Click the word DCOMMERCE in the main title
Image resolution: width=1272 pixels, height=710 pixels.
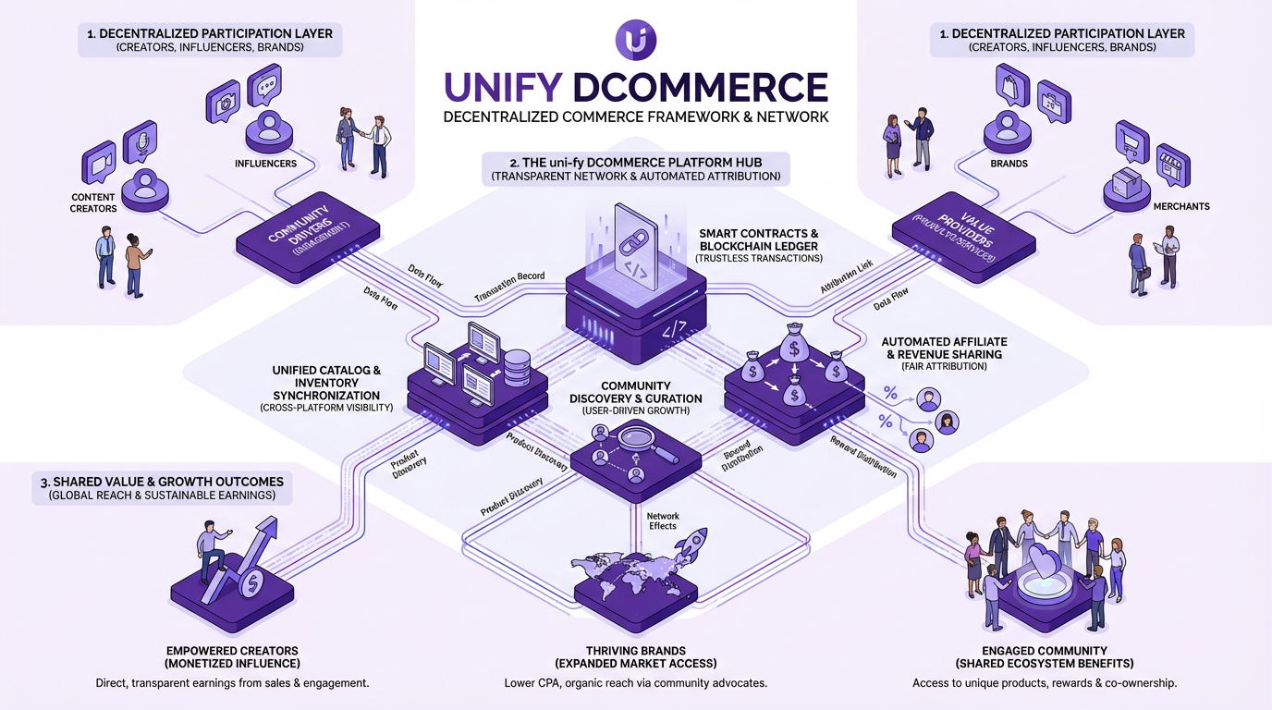coord(700,87)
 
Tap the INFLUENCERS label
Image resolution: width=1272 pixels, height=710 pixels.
coord(265,164)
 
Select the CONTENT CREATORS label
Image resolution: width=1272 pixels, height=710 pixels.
coord(93,202)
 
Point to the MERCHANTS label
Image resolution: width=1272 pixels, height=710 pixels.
coord(1181,206)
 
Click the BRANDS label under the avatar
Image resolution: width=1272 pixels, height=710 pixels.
coord(1009,164)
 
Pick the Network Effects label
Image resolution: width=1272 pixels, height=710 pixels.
coord(662,520)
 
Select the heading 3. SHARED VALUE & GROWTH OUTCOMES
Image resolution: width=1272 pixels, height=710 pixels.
coord(161,482)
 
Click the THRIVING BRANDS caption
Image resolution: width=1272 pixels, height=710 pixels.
coord(635,651)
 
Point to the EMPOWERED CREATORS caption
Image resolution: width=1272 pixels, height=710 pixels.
coord(232,651)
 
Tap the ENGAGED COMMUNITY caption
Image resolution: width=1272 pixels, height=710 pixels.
coord(1045,651)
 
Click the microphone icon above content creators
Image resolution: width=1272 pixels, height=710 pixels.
coord(140,141)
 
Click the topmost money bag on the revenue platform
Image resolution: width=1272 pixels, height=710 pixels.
coord(793,348)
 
